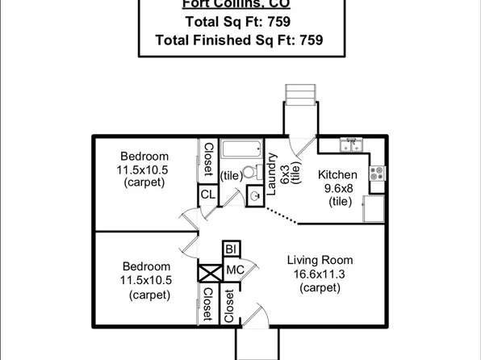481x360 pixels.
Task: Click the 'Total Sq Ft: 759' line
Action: tap(239, 22)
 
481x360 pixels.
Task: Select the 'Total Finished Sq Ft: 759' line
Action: tap(239, 39)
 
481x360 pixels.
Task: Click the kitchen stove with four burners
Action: tap(377, 171)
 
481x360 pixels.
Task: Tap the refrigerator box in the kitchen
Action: tap(375, 208)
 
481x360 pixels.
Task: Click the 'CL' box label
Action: tap(207, 195)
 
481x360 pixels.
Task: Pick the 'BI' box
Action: tap(231, 249)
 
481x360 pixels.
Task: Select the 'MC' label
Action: tap(235, 270)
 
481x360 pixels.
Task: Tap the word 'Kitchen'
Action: tap(337, 175)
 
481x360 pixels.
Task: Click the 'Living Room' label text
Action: tap(320, 261)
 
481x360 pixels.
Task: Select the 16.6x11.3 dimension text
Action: tap(320, 274)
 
